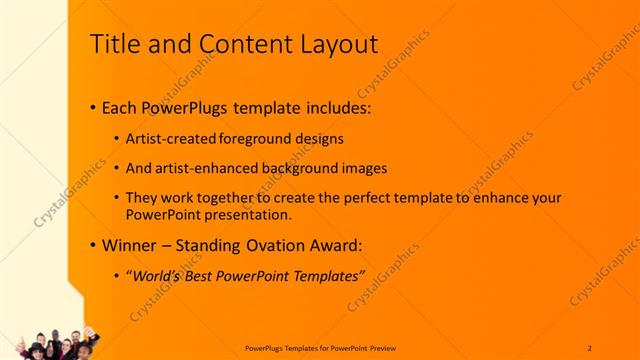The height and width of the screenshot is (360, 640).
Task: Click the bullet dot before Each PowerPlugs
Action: click(x=93, y=106)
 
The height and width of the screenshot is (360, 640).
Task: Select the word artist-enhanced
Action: click(x=205, y=168)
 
